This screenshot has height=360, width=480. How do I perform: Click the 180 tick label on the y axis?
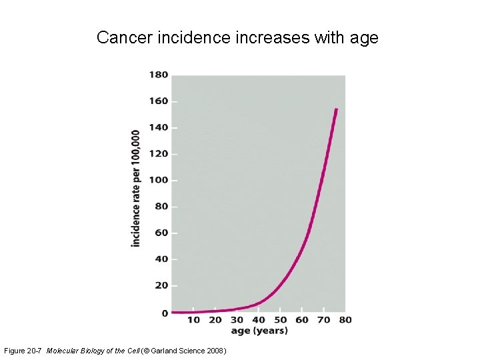point(158,75)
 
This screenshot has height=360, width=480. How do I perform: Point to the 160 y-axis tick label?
point(158,101)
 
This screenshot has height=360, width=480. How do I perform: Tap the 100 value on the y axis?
point(158,180)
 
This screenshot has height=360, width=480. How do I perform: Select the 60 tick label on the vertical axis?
point(161,233)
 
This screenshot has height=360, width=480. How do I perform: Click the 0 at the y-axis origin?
point(164,313)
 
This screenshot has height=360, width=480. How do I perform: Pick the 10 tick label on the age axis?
point(193,320)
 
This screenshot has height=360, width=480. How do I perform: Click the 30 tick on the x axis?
point(237,320)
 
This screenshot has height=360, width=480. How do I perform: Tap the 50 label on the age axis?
point(280,320)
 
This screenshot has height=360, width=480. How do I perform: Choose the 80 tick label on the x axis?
point(345,320)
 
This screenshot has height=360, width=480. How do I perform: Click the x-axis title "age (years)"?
point(259,331)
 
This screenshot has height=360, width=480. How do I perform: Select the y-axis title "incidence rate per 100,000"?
point(136,189)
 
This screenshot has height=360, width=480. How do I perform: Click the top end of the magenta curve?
point(337,109)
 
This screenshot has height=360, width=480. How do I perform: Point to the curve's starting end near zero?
point(173,312)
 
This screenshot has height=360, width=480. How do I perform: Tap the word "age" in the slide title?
point(364,38)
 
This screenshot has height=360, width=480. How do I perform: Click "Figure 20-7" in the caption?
point(23,351)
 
